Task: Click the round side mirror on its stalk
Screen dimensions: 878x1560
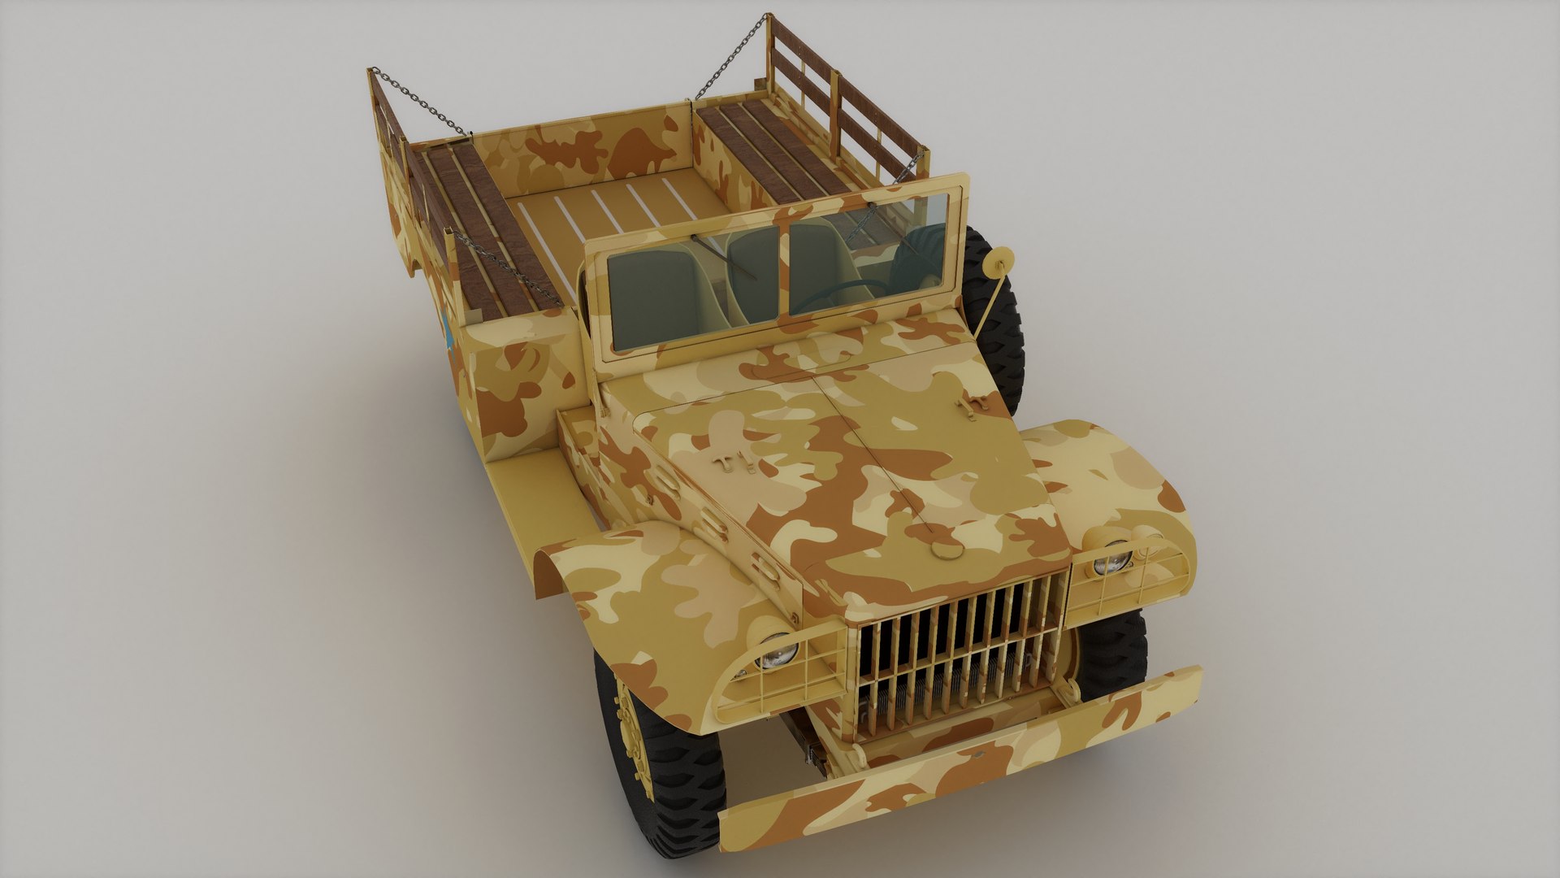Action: coord(998,260)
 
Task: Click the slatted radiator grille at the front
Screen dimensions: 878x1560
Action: coord(959,650)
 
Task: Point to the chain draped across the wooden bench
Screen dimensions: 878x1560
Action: coord(504,268)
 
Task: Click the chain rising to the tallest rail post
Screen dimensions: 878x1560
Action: coord(731,57)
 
